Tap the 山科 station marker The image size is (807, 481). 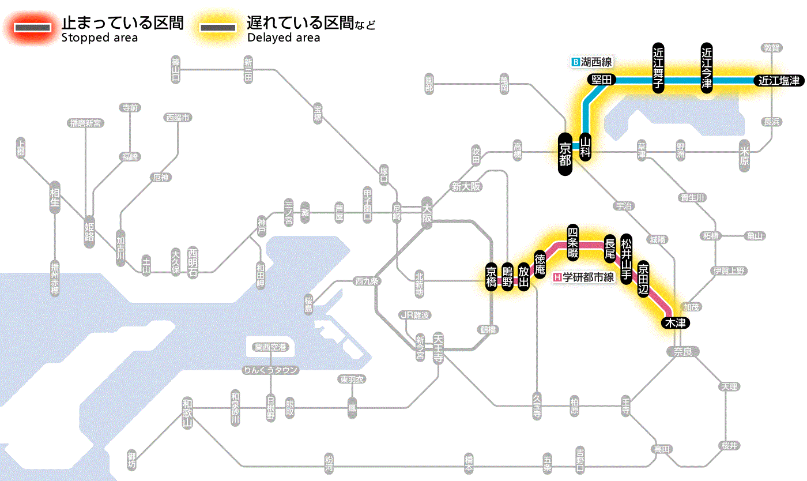(x=586, y=147)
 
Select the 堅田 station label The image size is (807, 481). (x=601, y=80)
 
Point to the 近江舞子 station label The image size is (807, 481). (x=658, y=67)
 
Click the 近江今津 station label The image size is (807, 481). (x=707, y=67)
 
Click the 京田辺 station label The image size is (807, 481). (x=643, y=277)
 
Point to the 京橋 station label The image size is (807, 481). (x=491, y=277)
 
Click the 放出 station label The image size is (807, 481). (x=523, y=276)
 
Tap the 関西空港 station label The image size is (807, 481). (x=270, y=347)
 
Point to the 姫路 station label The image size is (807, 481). (x=89, y=231)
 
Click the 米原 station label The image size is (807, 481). (x=745, y=155)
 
